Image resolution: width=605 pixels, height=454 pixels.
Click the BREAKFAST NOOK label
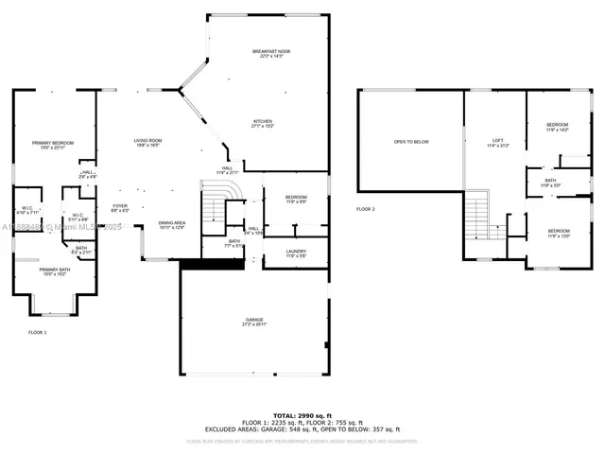pos(271,52)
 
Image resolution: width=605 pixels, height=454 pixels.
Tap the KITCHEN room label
pos(262,122)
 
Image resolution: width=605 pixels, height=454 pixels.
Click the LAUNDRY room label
pos(296,253)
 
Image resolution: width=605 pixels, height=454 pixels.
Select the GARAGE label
pos(254,322)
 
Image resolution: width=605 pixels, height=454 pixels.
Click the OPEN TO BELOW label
pos(411,142)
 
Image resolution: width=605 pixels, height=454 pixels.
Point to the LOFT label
pos(497,142)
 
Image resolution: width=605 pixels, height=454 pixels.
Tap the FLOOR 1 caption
pos(38,332)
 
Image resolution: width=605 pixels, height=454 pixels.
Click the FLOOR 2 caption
pos(366,208)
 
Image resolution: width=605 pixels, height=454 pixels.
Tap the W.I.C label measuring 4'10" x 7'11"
pos(28,210)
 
